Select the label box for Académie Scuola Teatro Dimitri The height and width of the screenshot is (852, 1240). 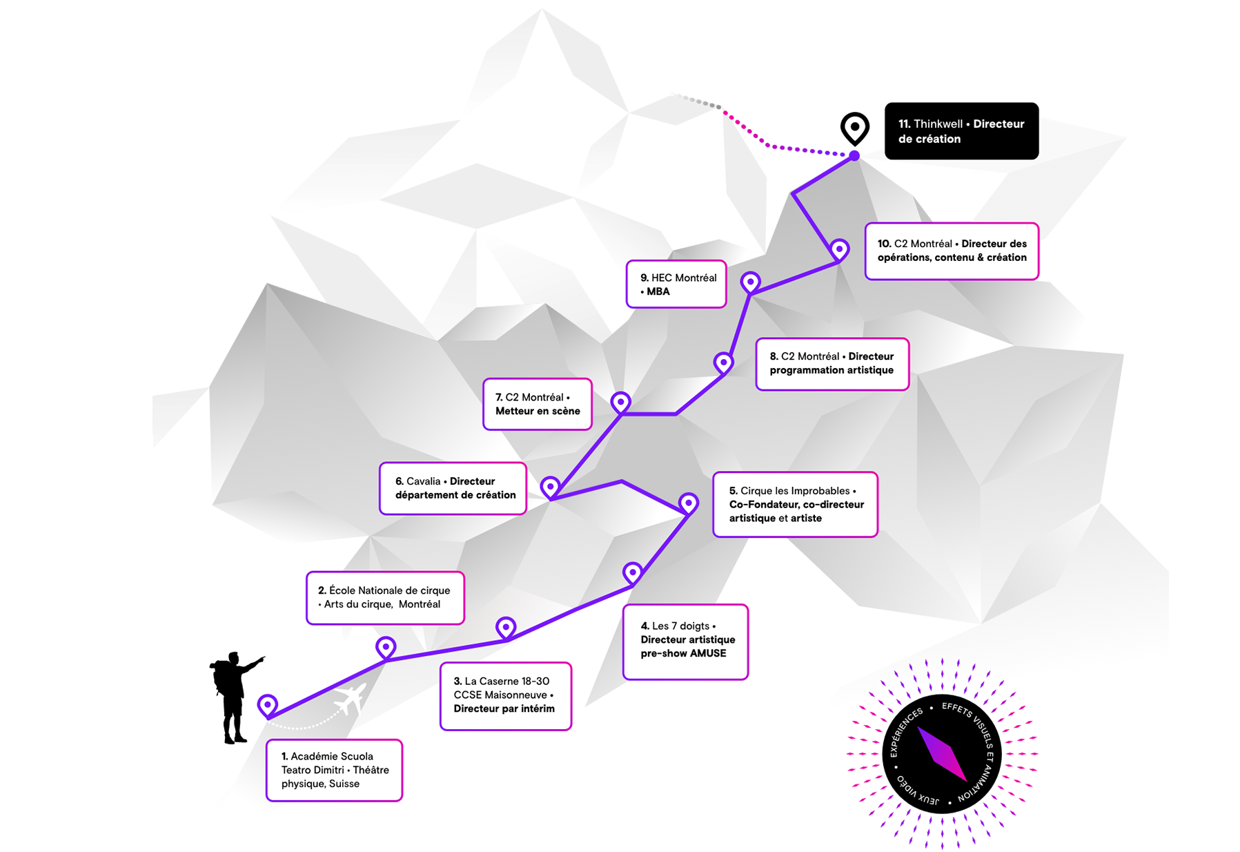click(334, 770)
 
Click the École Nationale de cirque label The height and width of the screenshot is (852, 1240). click(385, 598)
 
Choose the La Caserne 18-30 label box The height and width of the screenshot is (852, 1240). click(506, 695)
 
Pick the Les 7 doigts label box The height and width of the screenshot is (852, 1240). click(685, 641)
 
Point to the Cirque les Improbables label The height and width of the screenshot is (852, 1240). click(795, 505)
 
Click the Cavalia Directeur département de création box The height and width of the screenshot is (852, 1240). click(453, 488)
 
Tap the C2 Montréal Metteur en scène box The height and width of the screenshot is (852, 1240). click(538, 404)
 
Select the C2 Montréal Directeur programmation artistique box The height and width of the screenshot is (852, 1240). click(832, 364)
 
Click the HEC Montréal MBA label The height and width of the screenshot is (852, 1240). click(676, 284)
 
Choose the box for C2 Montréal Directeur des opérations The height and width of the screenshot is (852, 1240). click(952, 251)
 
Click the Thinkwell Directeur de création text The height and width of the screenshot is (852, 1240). click(961, 132)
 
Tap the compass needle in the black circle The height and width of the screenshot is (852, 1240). click(942, 754)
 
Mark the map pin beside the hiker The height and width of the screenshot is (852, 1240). click(268, 705)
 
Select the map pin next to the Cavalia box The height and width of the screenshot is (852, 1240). click(550, 487)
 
